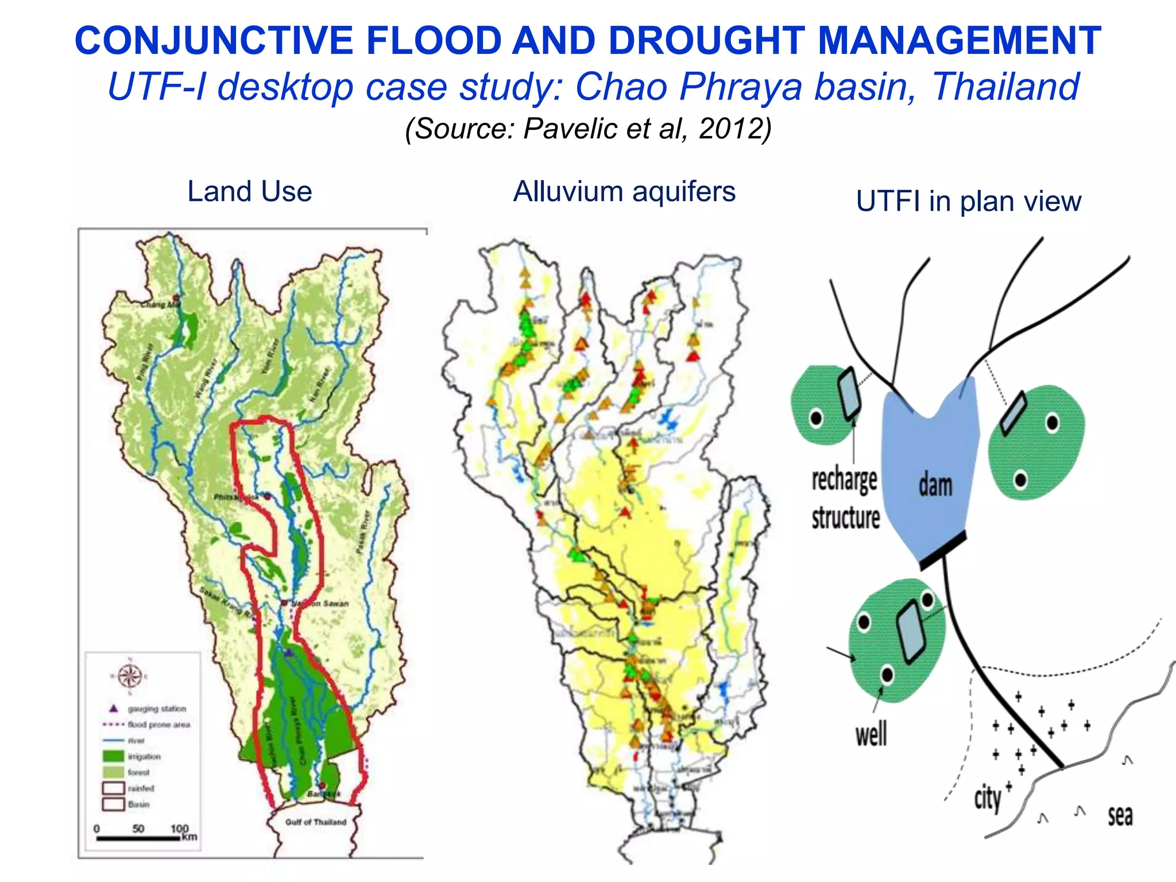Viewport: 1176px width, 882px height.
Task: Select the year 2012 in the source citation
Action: [732, 128]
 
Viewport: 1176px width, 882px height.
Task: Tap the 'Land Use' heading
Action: [250, 191]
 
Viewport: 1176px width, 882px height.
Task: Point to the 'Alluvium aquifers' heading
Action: [624, 191]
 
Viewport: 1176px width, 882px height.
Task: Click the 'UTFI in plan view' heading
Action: [969, 201]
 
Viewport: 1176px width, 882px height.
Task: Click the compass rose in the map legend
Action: [130, 675]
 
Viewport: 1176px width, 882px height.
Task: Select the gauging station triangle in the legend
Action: [114, 708]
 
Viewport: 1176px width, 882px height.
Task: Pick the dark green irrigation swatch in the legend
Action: [113, 756]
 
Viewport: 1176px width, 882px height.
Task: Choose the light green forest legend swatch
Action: [113, 772]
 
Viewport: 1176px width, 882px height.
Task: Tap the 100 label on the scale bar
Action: [180, 829]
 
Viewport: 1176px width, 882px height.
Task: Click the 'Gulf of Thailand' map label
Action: [316, 822]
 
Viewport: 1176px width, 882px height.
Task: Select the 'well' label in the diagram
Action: [871, 734]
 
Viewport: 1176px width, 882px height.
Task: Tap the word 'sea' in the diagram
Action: [1120, 815]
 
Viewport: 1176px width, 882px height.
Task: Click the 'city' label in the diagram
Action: [988, 799]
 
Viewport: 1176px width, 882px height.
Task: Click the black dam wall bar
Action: [943, 550]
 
